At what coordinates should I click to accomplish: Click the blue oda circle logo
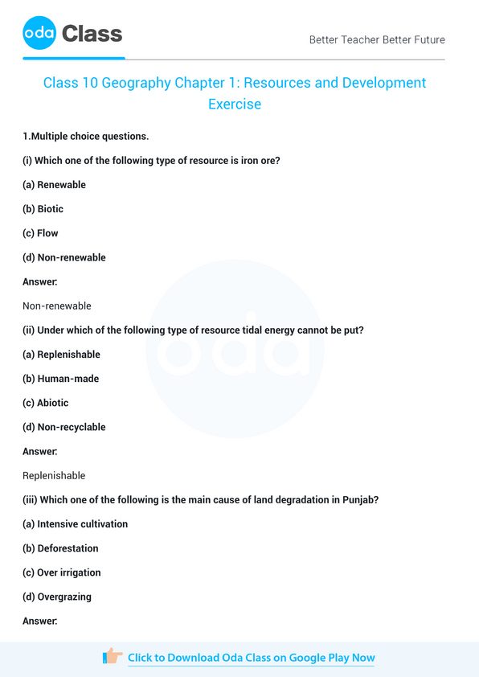tap(40, 34)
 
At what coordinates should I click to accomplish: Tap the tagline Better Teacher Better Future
tap(377, 39)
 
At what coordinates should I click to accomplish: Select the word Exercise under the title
tap(235, 104)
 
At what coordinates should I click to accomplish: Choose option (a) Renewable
tap(54, 185)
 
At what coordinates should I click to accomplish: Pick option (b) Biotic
tap(43, 209)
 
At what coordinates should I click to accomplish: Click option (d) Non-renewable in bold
tap(64, 257)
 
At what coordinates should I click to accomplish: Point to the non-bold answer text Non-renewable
tap(57, 306)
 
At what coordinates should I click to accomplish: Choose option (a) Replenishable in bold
tap(61, 355)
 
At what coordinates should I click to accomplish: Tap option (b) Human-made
tap(61, 379)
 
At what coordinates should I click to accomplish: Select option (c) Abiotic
tap(46, 403)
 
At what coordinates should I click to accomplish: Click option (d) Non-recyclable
tap(64, 427)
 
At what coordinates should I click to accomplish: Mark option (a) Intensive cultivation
tap(76, 524)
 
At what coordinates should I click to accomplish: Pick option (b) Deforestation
tap(61, 548)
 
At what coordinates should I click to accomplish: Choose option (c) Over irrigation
tap(61, 572)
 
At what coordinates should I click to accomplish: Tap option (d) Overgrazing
tap(57, 597)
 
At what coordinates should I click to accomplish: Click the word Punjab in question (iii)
tap(359, 499)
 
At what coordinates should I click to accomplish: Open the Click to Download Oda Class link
tap(251, 658)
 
